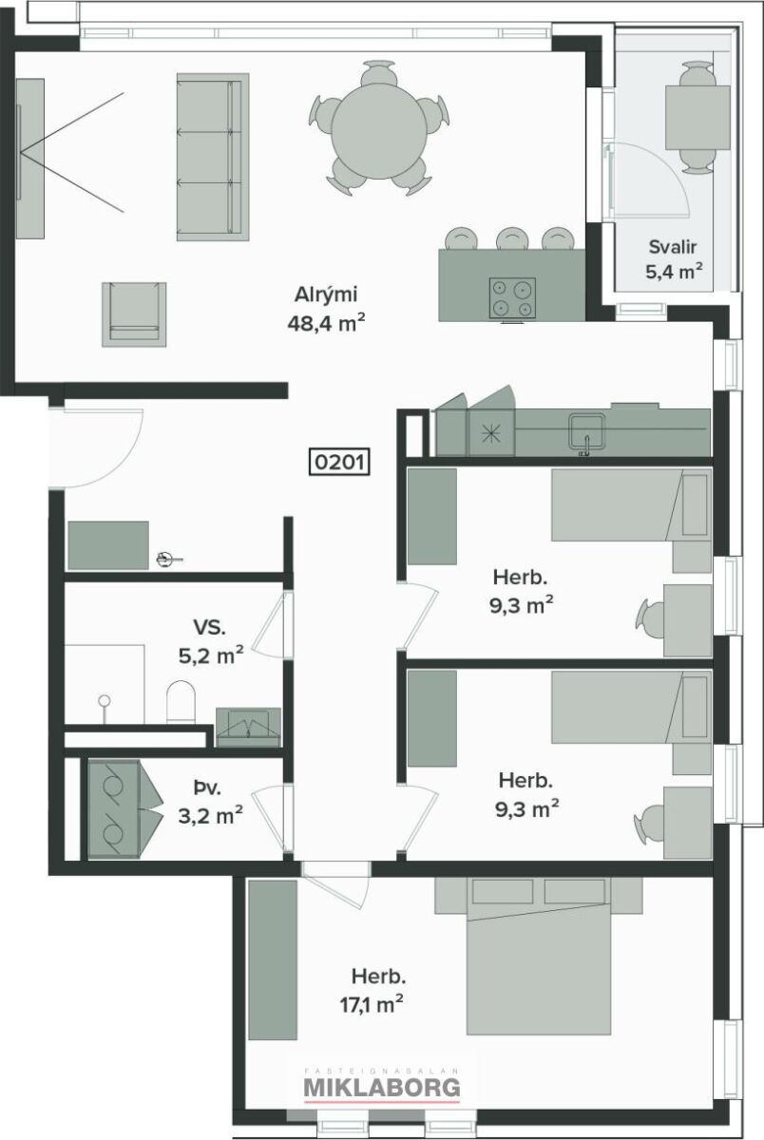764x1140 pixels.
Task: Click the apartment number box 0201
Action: point(339,462)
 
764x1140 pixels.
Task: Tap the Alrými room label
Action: point(326,294)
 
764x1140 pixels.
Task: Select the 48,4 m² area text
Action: point(326,323)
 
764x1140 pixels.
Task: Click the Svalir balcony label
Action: point(673,247)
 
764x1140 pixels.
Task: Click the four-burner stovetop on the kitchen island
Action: point(512,297)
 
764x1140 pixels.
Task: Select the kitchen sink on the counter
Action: point(587,432)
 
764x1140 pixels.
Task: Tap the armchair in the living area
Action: point(134,314)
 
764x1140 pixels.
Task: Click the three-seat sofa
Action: point(213,157)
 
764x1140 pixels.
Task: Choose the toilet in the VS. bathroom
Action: point(181,702)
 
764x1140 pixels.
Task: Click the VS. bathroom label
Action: point(209,627)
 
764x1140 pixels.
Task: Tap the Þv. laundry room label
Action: point(207,789)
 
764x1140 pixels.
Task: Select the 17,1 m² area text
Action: point(372,1006)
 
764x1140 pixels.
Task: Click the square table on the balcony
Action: point(697,117)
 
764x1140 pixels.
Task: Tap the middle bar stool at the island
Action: point(512,238)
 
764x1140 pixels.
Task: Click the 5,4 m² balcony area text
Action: point(674,272)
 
